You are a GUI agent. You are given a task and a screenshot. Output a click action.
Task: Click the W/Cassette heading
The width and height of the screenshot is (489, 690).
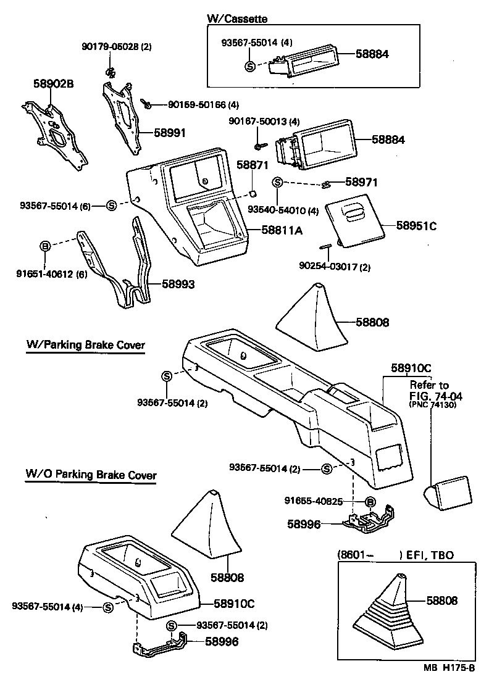[x=236, y=19]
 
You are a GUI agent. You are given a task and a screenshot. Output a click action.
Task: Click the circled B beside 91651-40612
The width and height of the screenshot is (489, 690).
[x=44, y=246]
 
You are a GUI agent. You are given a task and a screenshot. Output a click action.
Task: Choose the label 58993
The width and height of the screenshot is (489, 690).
[x=178, y=285]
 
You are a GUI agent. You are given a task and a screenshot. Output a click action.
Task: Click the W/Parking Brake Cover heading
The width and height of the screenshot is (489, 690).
[x=85, y=345]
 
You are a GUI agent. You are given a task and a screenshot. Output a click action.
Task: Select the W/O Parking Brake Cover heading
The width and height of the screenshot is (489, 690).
[x=90, y=475]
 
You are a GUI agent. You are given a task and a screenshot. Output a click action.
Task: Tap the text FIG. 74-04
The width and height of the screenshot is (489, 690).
[x=436, y=396]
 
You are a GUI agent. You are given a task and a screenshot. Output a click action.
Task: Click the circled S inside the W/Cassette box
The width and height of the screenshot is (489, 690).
[x=250, y=66]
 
